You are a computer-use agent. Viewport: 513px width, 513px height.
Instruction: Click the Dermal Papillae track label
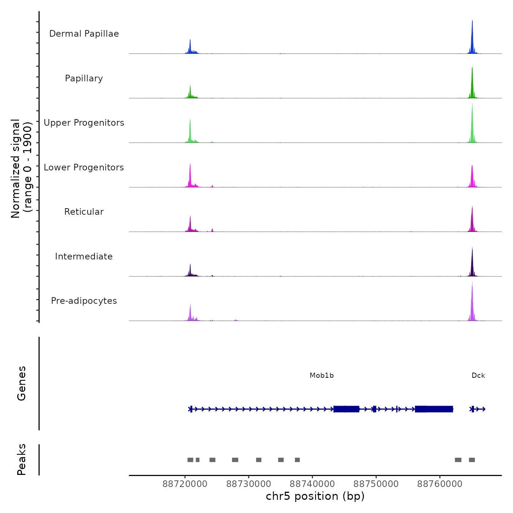84,34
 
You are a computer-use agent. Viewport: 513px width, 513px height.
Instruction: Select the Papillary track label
84,78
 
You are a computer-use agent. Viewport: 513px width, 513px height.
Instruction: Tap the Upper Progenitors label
84,123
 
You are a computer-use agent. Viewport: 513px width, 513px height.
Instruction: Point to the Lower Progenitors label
84,167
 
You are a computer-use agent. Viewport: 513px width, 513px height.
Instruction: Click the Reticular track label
84,212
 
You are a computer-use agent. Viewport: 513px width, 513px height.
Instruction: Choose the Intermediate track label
84,256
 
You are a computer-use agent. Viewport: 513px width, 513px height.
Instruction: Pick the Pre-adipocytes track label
84,301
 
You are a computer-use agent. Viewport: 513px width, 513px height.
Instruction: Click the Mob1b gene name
322,376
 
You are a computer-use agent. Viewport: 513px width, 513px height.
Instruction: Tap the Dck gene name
478,376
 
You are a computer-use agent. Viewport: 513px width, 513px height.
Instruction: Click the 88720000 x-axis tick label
185,484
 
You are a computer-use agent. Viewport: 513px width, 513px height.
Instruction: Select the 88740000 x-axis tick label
313,484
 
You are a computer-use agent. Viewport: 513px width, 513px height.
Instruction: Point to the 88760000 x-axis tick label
440,484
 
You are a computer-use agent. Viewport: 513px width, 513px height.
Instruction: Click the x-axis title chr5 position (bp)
315,497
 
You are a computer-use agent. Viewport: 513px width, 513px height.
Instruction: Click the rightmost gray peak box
472,460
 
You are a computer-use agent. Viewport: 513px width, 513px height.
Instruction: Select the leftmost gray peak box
190,460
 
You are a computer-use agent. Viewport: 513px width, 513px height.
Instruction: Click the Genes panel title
22,383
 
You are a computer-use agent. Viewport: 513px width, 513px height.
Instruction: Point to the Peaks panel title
22,460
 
